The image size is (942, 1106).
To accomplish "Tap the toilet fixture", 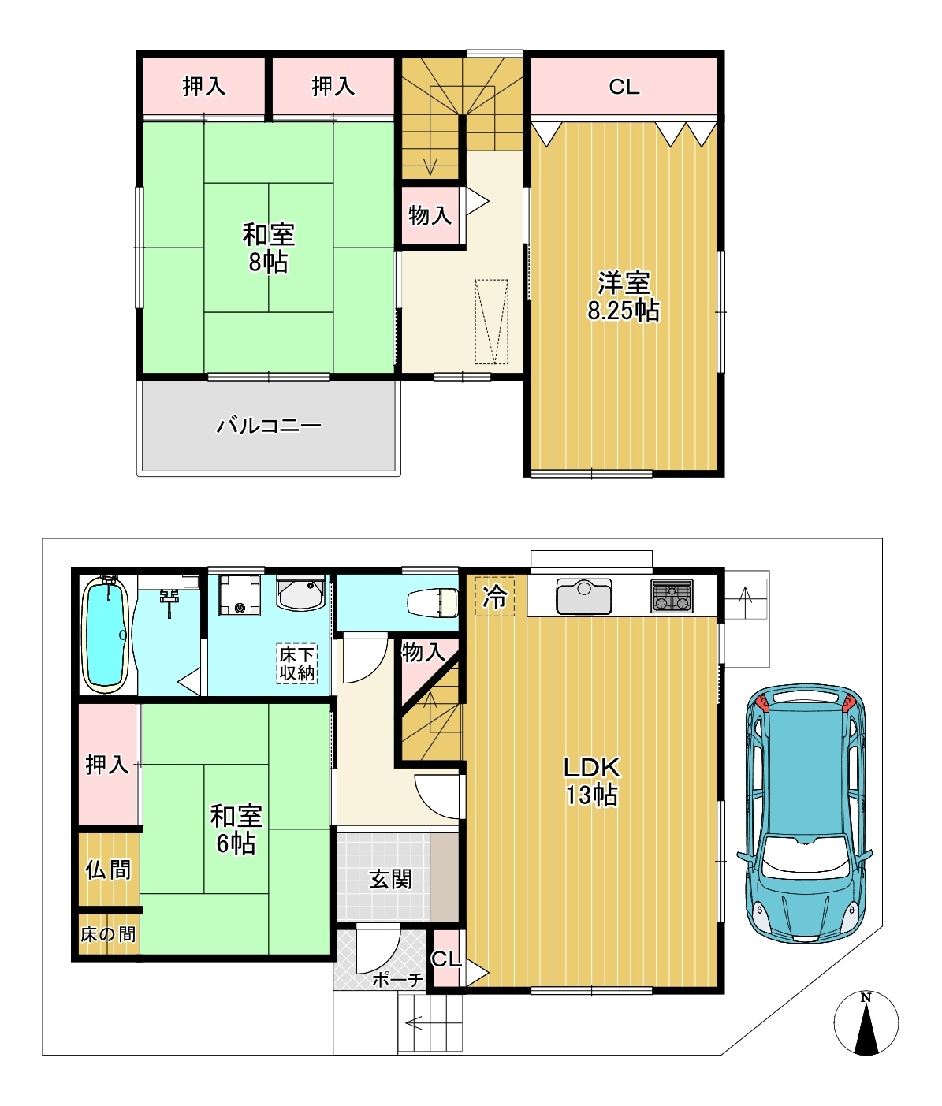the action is click(x=432, y=602).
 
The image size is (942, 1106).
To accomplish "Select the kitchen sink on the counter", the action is click(x=583, y=596).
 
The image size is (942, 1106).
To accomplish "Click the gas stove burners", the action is click(x=672, y=595).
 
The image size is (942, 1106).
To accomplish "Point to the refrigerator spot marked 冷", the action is click(x=495, y=596).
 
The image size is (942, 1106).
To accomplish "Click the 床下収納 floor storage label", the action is click(x=297, y=664).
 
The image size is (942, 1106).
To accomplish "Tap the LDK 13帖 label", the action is click(x=592, y=782).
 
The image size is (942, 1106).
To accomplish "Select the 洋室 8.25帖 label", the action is click(x=624, y=297).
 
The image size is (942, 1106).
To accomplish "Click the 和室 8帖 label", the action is click(x=269, y=248).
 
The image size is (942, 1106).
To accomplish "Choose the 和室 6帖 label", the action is click(x=236, y=830).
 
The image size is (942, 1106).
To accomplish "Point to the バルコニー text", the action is click(x=269, y=426).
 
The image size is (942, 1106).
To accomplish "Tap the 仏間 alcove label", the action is click(x=108, y=870).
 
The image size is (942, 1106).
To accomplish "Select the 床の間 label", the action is click(x=108, y=934).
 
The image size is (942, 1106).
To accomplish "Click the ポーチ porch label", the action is click(x=397, y=980).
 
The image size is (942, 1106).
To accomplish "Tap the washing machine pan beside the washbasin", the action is click(x=239, y=595).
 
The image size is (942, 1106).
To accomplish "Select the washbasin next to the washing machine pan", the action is click(x=300, y=592).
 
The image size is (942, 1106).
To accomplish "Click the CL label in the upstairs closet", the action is click(x=624, y=87).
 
